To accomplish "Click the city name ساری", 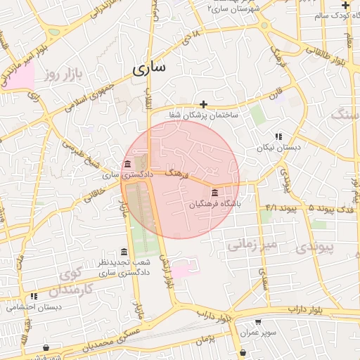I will pyautogui.click(x=149, y=68).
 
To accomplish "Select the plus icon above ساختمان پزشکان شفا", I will pyautogui.click(x=203, y=104).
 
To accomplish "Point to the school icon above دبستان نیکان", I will pyautogui.click(x=278, y=136).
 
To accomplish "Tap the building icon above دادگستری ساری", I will pyautogui.click(x=127, y=165).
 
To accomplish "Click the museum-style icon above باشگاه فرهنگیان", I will pyautogui.click(x=214, y=193).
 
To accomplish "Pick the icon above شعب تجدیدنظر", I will pyautogui.click(x=124, y=252).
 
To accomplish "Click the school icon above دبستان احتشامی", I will pyautogui.click(x=34, y=297).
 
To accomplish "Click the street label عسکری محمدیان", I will pyautogui.click(x=105, y=341).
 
